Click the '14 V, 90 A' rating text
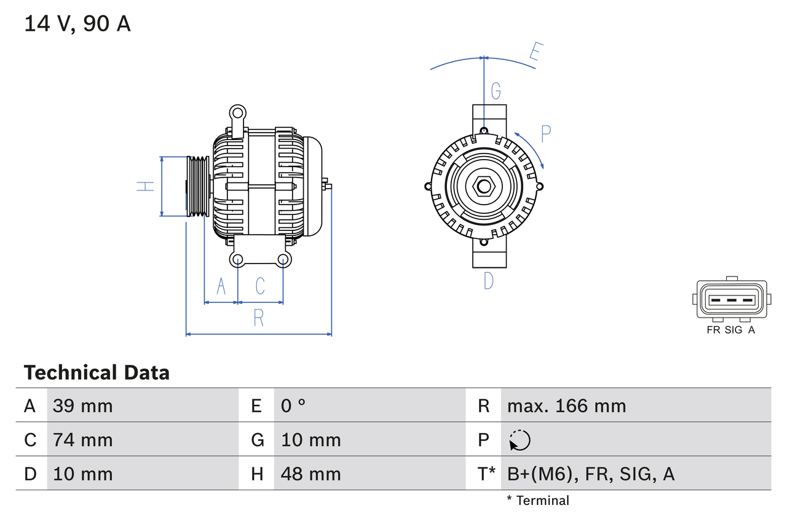point(77,24)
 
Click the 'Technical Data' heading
point(97,372)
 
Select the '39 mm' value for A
point(82,405)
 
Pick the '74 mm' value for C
point(82,440)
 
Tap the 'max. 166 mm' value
point(566,405)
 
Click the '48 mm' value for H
point(310,474)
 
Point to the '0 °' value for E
point(294,405)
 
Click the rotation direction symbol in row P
point(520,440)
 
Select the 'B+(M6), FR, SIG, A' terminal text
point(590,474)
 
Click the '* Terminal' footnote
point(538,501)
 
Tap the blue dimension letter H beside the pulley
point(145,186)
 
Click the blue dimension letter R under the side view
point(259,318)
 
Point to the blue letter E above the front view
point(535,55)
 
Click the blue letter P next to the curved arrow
point(546,133)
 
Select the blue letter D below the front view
point(488,281)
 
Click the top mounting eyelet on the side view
point(237,113)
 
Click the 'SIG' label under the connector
point(734,330)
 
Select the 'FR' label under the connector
point(713,330)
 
